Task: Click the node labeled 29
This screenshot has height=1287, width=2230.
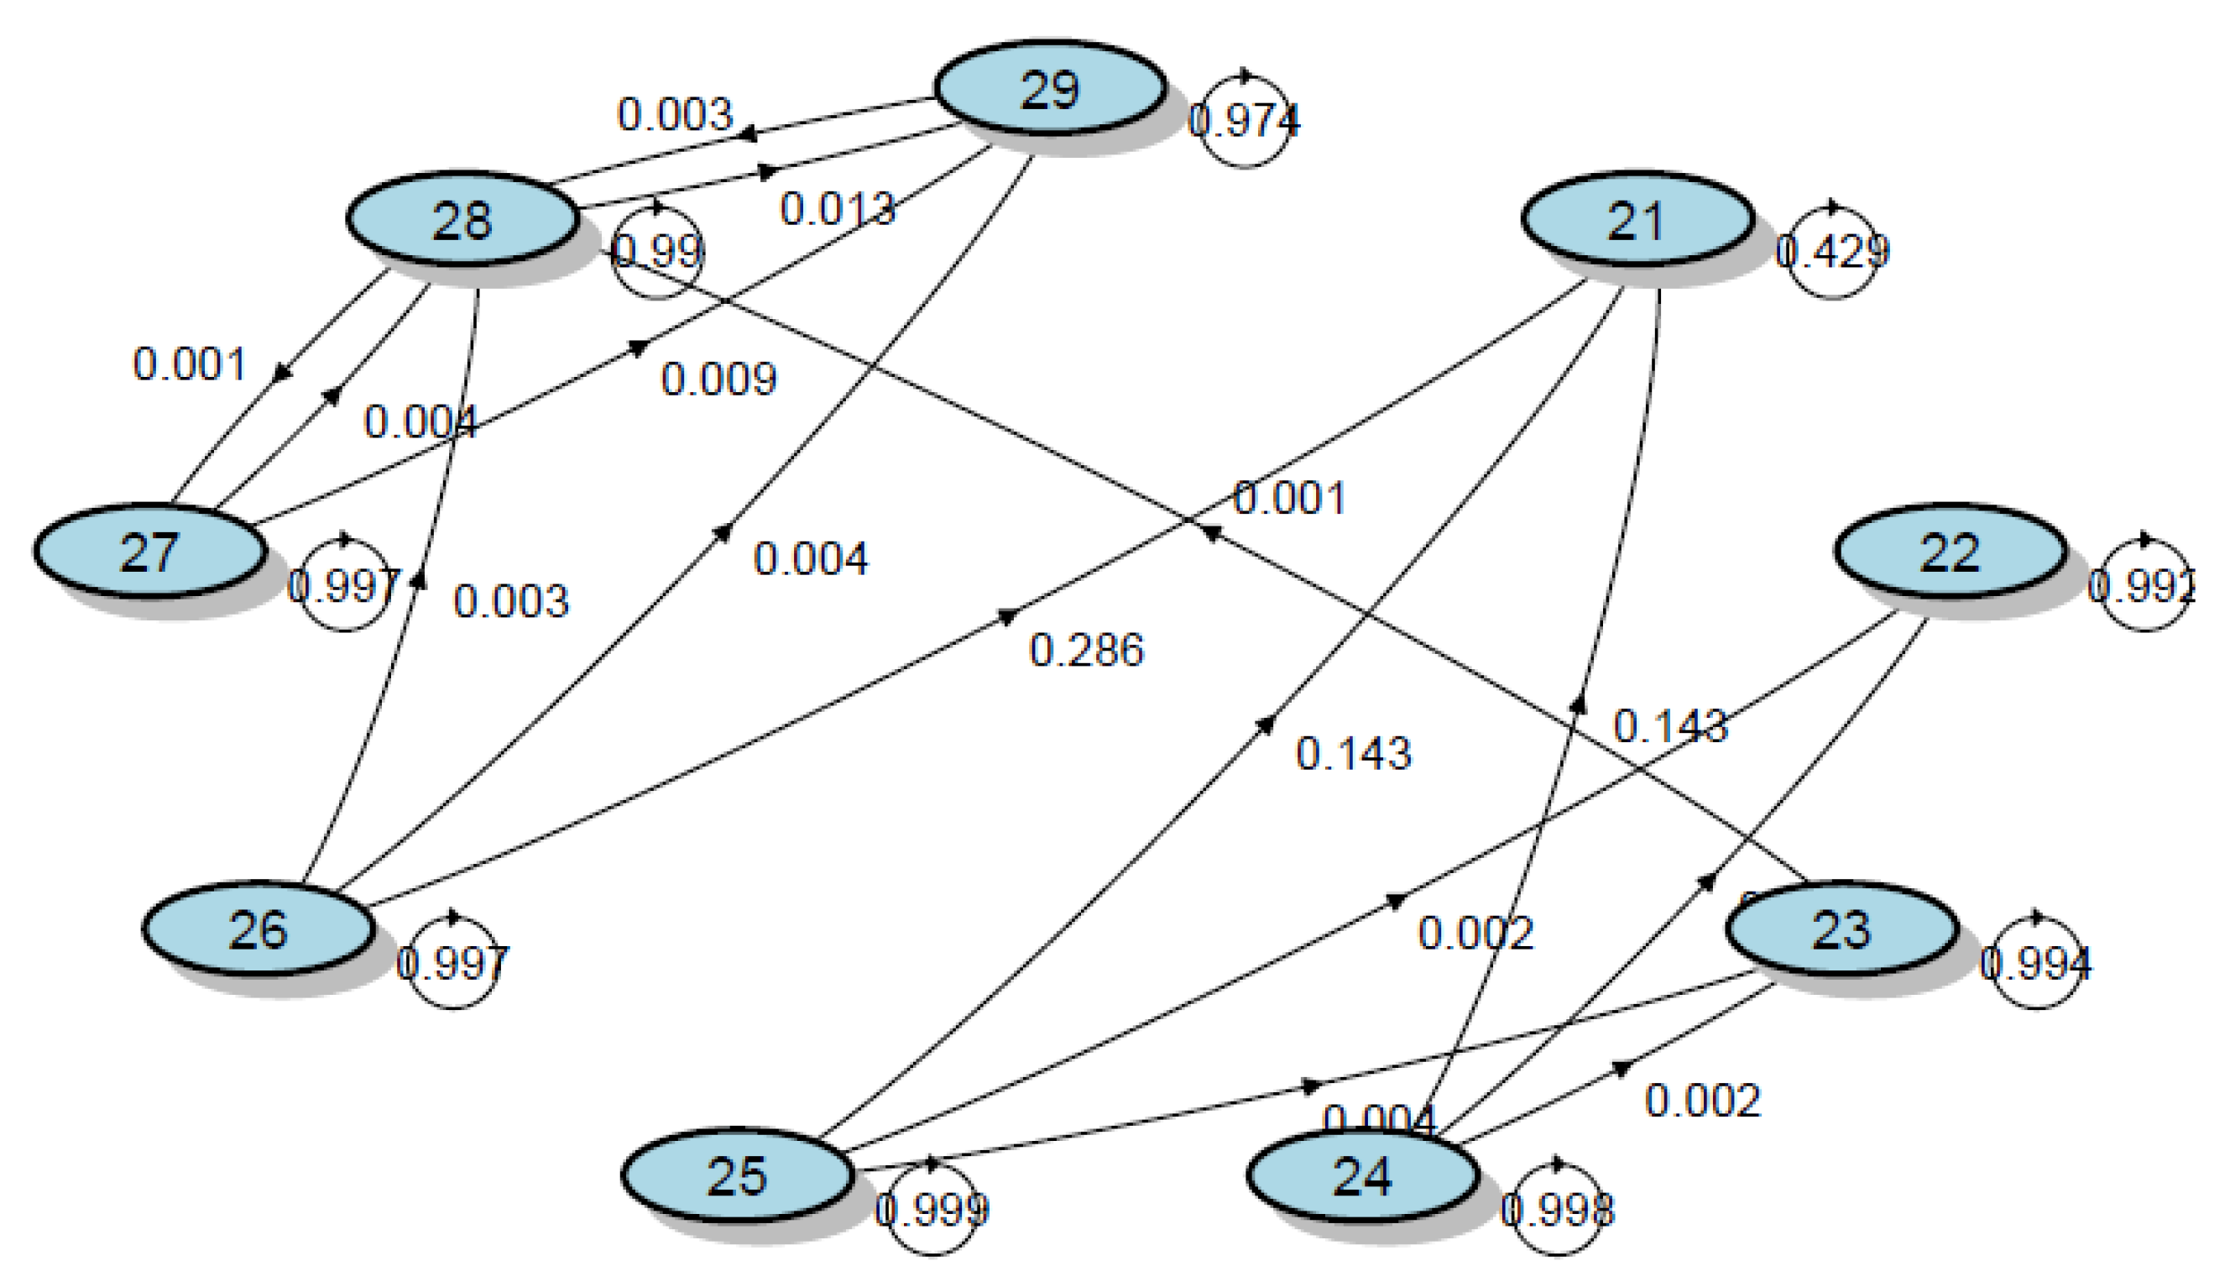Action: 1050,88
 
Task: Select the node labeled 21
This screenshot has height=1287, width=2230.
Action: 1637,220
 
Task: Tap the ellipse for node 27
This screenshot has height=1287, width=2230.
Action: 150,552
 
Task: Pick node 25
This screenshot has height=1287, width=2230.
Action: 738,1175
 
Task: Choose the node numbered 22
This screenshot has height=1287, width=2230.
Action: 1950,552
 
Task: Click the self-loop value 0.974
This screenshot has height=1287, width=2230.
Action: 1244,120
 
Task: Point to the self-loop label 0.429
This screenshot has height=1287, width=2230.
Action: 1831,252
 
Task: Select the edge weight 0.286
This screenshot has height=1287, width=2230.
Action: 1086,651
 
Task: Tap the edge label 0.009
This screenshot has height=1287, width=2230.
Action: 718,379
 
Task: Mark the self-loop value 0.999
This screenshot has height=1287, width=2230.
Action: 932,1209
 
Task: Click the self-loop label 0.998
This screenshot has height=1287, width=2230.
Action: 1557,1209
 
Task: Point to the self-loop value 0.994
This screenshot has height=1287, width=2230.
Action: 2035,963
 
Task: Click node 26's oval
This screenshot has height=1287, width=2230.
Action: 258,929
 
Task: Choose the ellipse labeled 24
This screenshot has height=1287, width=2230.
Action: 1362,1175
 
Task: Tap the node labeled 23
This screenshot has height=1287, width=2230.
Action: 1841,929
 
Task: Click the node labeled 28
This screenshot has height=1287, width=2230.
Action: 462,220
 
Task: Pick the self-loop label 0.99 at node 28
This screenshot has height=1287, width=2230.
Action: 657,252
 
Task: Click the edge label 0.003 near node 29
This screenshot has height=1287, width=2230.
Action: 675,114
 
